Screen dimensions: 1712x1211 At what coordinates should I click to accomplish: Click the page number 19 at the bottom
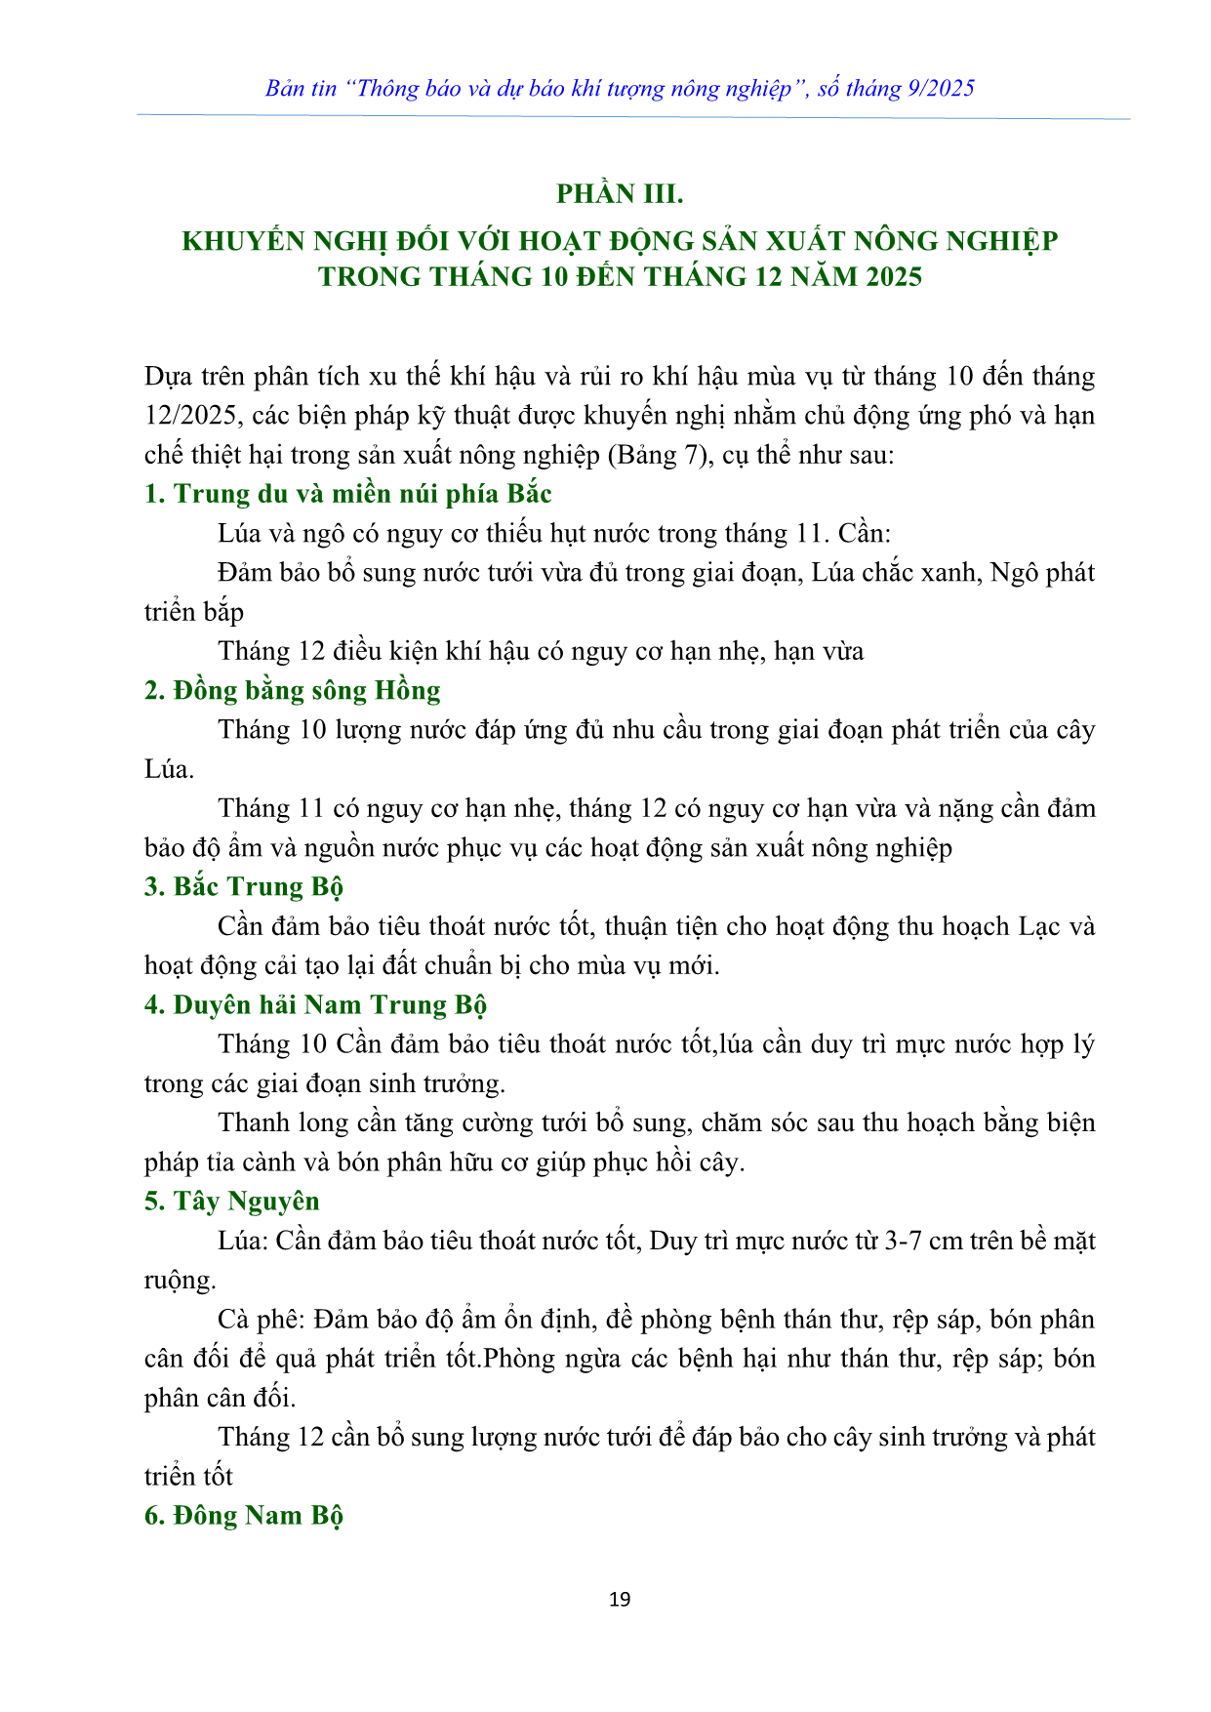point(620,1599)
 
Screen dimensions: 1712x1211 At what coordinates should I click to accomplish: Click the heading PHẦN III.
point(620,194)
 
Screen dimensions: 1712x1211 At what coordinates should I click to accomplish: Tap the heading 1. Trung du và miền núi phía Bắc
point(347,494)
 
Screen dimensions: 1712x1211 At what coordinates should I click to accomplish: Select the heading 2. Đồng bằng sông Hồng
point(292,691)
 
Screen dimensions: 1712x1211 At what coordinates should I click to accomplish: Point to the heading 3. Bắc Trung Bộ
point(243,887)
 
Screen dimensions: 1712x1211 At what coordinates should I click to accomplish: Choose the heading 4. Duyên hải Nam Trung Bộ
point(315,1005)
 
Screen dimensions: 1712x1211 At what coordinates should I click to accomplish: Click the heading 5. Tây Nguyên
point(231,1202)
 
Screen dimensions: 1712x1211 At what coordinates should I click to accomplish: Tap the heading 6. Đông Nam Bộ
point(243,1516)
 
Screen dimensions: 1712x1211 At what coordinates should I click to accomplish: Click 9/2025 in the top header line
point(941,89)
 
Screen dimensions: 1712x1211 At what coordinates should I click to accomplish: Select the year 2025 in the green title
point(889,277)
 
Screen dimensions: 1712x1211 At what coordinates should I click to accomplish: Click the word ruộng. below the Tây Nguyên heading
point(180,1281)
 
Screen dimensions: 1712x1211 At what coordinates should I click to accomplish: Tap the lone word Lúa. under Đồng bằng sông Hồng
point(169,770)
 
